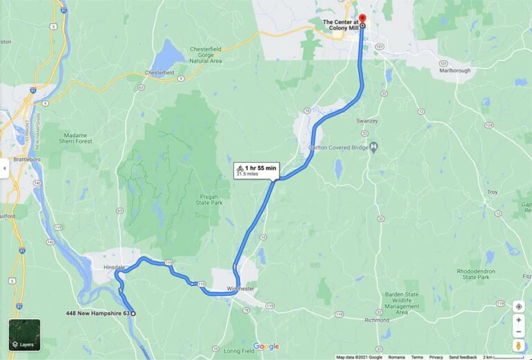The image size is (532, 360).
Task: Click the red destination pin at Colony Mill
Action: [362, 18]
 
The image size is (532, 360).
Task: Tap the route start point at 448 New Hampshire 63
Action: [134, 314]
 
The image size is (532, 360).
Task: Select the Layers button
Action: [24, 334]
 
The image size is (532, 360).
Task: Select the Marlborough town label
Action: [454, 71]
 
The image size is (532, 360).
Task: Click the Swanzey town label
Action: [367, 121]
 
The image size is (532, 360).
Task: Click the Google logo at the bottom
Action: [266, 346]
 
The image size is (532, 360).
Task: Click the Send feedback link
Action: [463, 357]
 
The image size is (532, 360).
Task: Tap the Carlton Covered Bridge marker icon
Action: [373, 147]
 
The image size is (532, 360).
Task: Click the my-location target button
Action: [519, 306]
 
